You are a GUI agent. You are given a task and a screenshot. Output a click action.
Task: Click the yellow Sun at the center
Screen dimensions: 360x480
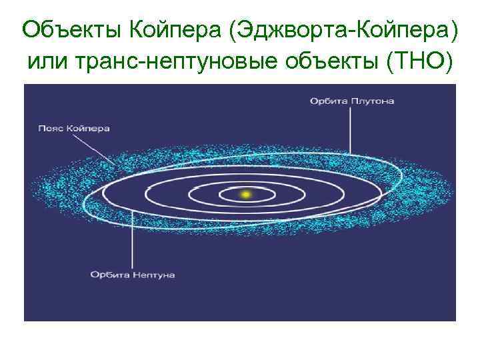(245, 194)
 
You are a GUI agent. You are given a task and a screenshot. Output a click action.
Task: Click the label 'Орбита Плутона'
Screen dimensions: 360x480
(351, 101)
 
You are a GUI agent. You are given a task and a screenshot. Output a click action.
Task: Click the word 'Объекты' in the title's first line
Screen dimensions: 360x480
(67, 30)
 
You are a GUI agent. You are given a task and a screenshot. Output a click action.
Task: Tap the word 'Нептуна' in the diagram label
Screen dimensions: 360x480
(153, 273)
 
